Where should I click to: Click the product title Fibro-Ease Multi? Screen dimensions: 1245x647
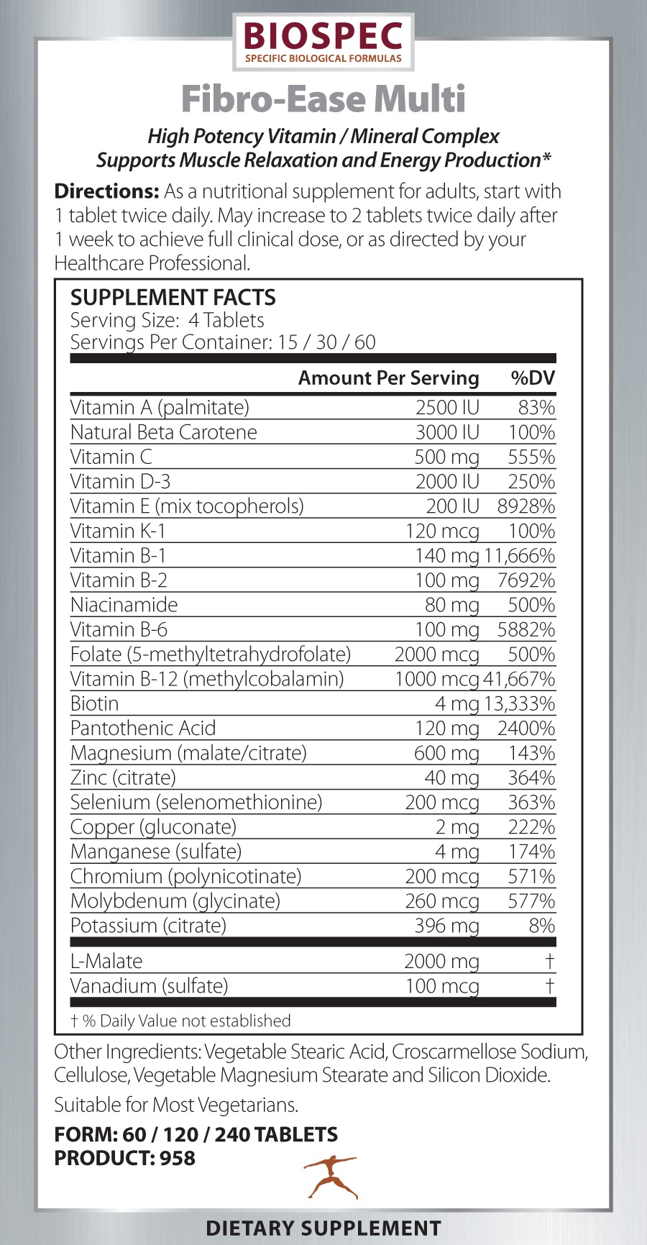coord(323,99)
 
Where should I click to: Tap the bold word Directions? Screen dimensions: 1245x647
coord(106,191)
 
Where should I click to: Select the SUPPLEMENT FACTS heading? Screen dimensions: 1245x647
coord(173,297)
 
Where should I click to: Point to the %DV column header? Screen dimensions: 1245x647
coord(533,378)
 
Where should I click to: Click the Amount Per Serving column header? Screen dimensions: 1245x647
coord(388,378)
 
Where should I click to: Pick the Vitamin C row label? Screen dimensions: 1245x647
coord(111,457)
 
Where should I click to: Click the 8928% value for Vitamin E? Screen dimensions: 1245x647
coord(526,506)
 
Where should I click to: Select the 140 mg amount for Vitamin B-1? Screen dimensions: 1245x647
coord(446,556)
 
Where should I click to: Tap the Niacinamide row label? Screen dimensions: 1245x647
coord(124,605)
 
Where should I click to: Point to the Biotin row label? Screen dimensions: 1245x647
coord(94,703)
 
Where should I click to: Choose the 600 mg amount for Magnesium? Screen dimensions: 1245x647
coord(446,753)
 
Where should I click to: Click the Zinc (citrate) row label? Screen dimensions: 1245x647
coord(123,777)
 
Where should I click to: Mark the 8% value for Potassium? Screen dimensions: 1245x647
coord(542,926)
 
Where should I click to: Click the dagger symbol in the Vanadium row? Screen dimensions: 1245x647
coord(550,985)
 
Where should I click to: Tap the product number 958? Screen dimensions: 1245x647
coord(178,1158)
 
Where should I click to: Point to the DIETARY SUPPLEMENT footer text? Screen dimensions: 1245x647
coord(323,1228)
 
